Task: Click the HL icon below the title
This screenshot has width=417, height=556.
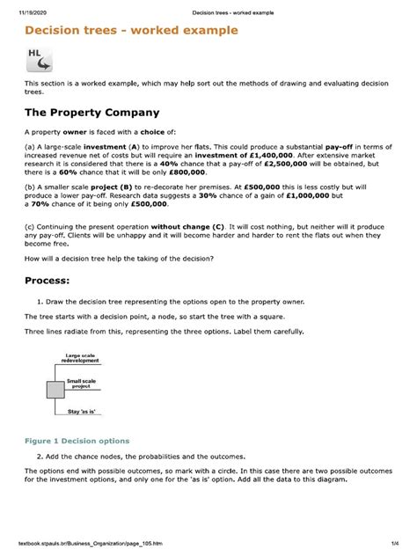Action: pyautogui.click(x=39, y=59)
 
